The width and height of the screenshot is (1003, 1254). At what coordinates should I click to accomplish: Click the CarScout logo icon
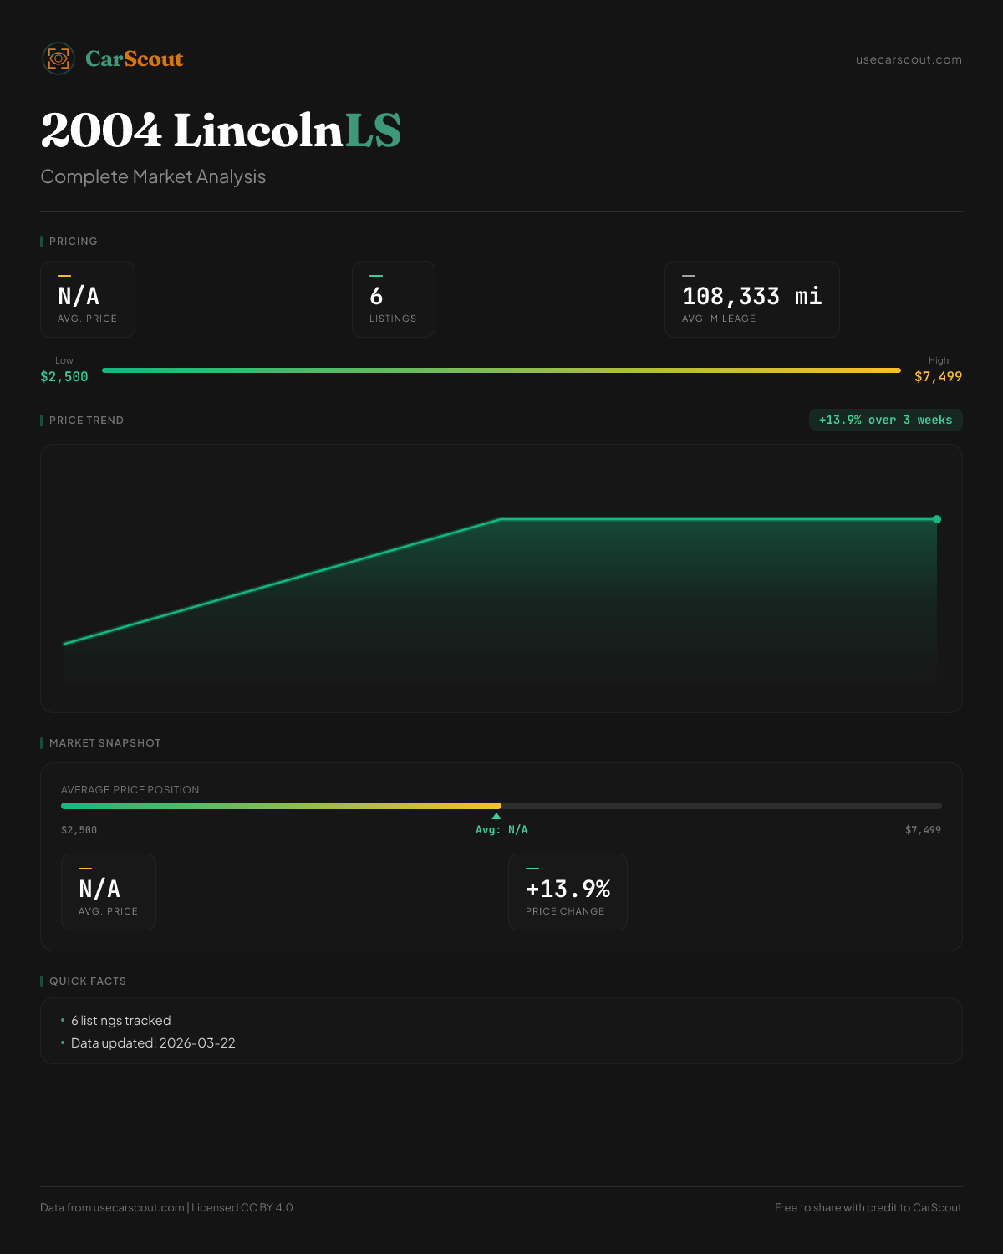point(59,59)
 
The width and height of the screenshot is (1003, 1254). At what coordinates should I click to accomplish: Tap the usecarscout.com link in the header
point(909,59)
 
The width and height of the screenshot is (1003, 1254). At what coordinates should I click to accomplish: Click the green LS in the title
point(373,131)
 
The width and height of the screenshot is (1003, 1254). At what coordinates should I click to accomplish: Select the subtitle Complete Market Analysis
point(153,177)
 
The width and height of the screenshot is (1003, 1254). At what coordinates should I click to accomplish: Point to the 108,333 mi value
point(751,296)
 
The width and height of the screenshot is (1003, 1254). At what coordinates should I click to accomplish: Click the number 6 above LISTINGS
point(376,296)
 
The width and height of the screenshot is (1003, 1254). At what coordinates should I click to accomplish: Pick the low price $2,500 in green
point(64,377)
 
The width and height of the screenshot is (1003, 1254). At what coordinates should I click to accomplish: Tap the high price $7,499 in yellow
point(938,377)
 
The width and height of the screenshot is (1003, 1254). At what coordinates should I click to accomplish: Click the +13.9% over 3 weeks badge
point(885,420)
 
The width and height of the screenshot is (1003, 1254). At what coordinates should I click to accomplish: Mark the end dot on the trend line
point(937,519)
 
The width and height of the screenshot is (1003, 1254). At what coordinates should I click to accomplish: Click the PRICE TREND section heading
point(86,421)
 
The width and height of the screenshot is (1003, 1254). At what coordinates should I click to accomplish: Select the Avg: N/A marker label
point(501,830)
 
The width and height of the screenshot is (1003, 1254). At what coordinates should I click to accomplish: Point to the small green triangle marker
point(496,816)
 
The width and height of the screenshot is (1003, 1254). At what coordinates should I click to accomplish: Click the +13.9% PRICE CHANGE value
point(568,889)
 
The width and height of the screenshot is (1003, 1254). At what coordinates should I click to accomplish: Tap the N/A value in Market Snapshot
point(99,889)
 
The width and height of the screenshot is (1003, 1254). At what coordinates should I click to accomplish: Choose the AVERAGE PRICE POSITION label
point(130,790)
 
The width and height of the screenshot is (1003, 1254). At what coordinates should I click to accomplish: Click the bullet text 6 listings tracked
point(120,1021)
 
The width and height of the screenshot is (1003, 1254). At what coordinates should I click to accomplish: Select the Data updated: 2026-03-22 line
point(153,1043)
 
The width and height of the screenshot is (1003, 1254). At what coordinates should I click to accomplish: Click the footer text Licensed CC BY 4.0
point(242,1207)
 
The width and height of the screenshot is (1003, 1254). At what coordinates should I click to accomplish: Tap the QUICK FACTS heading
point(88,981)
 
